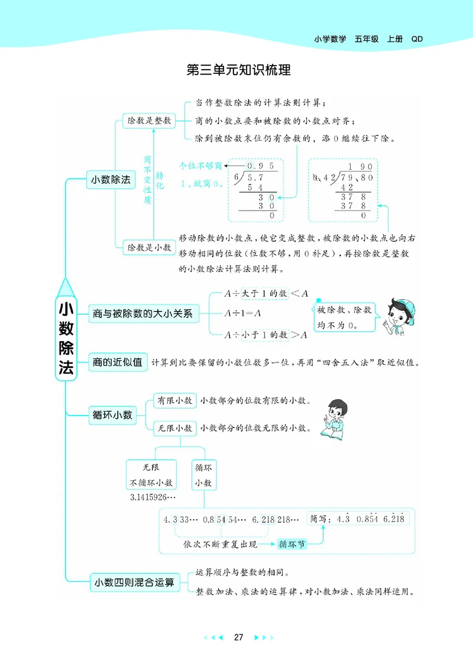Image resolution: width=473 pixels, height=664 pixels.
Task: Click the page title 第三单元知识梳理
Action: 238,70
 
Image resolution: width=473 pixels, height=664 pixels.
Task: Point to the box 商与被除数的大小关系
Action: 142,314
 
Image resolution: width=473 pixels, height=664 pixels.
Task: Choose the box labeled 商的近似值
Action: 118,362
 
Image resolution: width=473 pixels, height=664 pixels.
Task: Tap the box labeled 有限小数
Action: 174,401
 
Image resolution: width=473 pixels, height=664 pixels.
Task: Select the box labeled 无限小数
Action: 174,427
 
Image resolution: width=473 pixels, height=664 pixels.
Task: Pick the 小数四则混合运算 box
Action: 134,582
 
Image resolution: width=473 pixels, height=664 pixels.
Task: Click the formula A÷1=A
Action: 243,313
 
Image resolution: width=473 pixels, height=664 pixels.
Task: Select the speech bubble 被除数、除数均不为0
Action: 344,317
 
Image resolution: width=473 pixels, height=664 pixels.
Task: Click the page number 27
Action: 238,637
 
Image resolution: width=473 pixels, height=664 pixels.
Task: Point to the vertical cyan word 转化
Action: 160,179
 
